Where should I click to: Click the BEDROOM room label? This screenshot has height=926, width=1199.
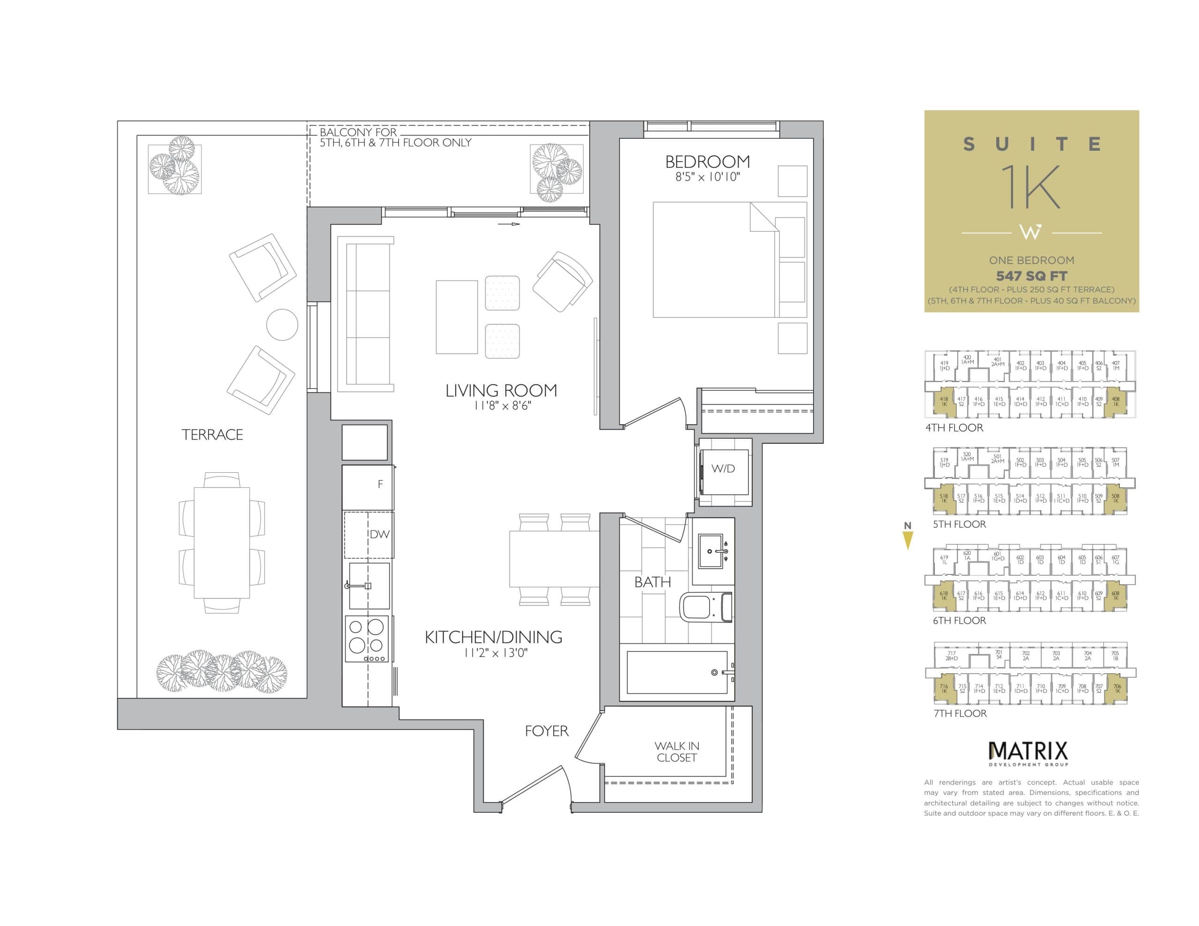click(707, 162)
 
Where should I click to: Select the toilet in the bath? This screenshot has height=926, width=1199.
click(706, 607)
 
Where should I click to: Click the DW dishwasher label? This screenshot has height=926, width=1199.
click(379, 534)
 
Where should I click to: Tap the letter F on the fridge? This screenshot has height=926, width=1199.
click(380, 484)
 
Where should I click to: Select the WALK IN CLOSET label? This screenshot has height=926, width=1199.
click(676, 751)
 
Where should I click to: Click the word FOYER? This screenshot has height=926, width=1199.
click(546, 731)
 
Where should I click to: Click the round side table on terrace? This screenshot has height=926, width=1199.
click(282, 324)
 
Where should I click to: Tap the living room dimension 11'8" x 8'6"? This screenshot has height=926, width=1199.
click(502, 406)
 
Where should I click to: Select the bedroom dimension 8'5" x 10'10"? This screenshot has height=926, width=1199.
click(707, 177)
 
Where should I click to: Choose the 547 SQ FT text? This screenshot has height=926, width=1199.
click(1031, 276)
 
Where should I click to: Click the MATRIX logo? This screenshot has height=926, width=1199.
click(1028, 750)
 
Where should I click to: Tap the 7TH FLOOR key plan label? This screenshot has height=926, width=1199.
click(960, 713)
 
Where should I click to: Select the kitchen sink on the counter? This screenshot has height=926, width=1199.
click(369, 586)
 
